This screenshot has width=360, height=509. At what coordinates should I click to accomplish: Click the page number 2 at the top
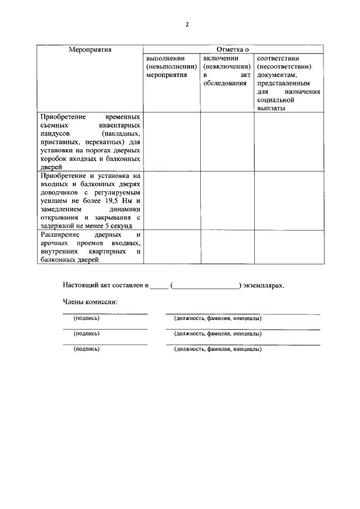click(x=187, y=25)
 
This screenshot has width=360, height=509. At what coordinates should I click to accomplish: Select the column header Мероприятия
click(x=90, y=49)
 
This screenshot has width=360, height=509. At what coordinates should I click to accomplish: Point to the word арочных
click(x=55, y=242)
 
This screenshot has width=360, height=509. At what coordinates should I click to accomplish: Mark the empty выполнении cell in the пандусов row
click(x=172, y=141)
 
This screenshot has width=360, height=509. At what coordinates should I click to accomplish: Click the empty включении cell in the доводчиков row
click(x=227, y=200)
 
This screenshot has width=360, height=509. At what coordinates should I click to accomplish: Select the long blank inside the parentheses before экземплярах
click(x=205, y=286)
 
